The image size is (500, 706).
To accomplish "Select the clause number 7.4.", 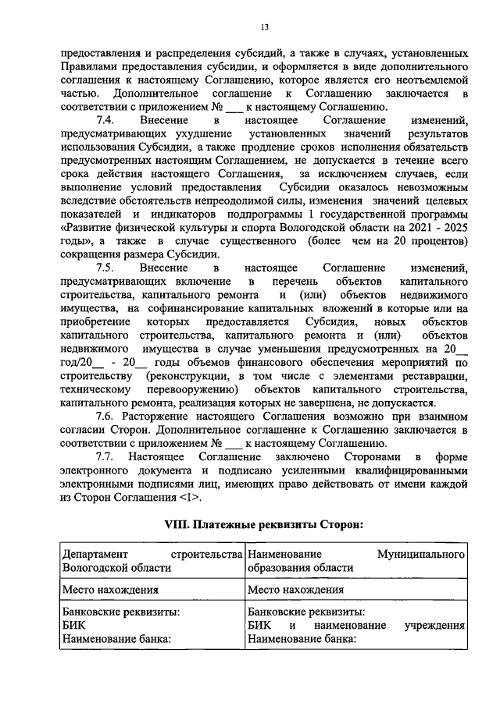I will [105, 121].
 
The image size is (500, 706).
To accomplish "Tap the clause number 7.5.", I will [105, 268].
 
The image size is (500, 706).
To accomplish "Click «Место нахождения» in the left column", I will [110, 590].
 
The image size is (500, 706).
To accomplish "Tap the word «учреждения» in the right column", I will [434, 626].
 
